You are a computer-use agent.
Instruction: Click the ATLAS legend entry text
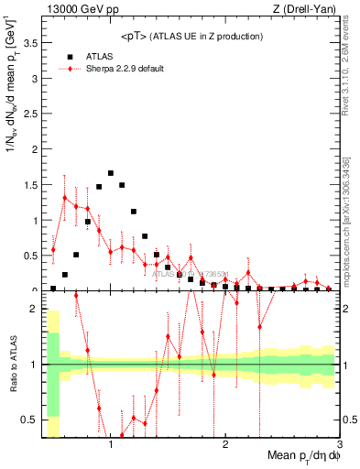coord(99,56)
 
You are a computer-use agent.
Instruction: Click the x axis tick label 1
coord(111,445)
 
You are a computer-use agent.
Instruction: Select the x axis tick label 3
coord(339,445)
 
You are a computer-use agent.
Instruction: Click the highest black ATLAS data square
coord(111,173)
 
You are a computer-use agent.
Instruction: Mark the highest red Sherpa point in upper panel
coord(64,198)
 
